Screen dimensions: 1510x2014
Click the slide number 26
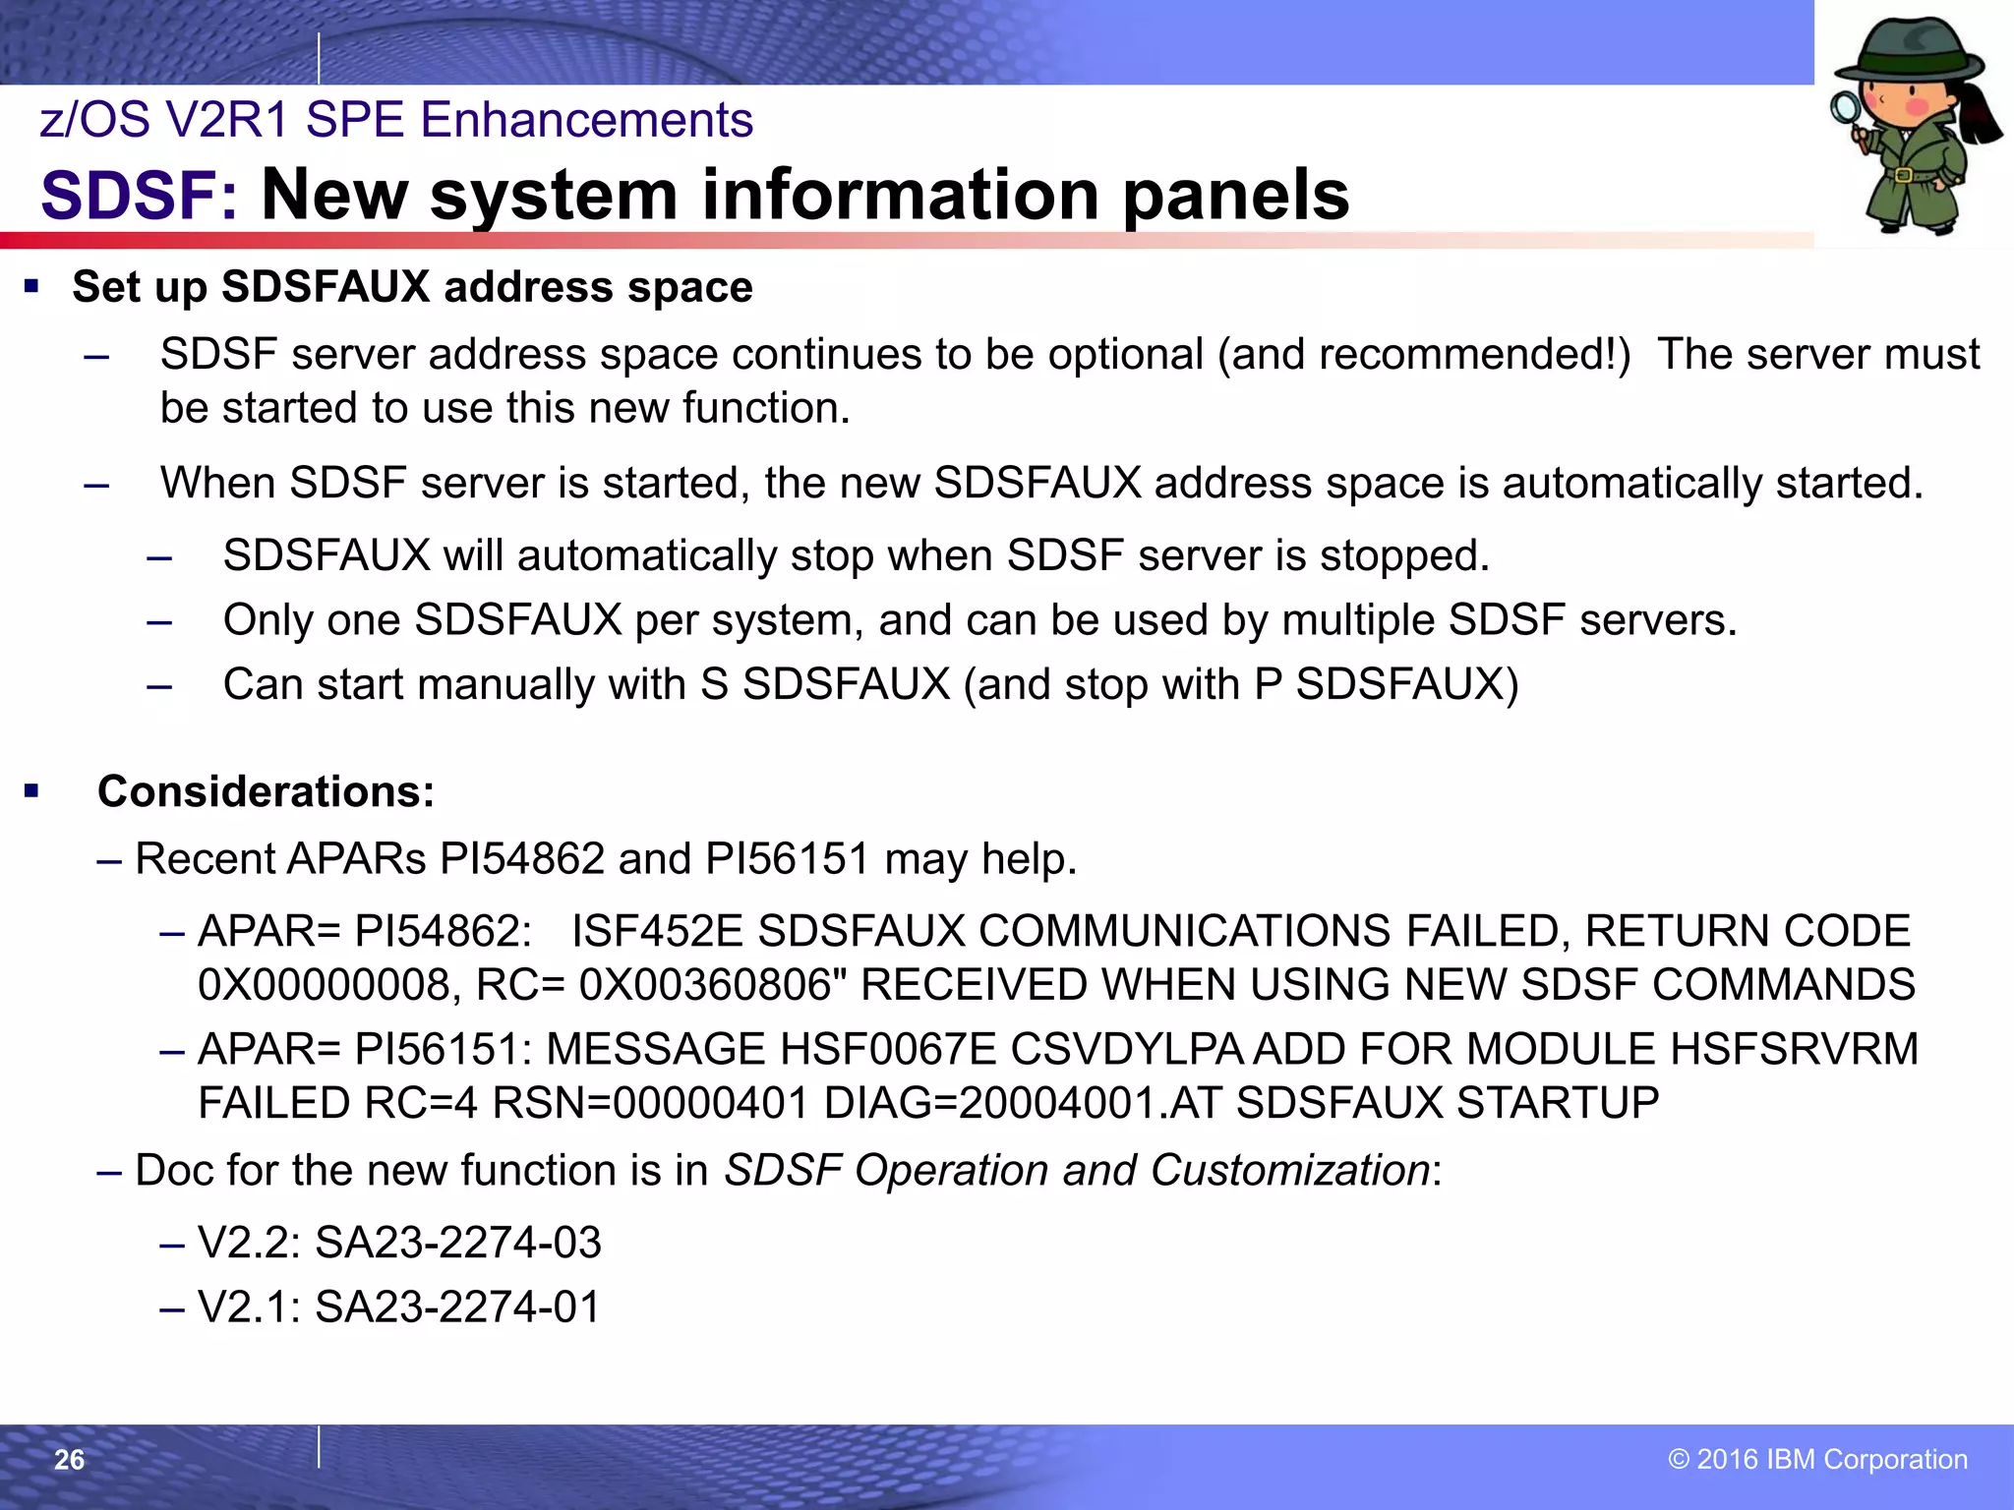pyautogui.click(x=69, y=1460)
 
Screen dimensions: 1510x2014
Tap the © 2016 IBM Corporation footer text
pyautogui.click(x=1817, y=1460)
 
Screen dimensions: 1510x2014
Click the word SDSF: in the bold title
pyautogui.click(x=139, y=195)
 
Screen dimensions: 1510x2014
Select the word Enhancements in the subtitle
pyautogui.click(x=586, y=120)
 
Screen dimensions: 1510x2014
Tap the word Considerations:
pyautogui.click(x=266, y=791)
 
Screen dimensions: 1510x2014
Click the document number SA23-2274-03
pyautogui.click(x=457, y=1243)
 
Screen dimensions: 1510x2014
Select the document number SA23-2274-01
pyautogui.click(x=457, y=1307)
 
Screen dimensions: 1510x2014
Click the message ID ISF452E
pyautogui.click(x=657, y=931)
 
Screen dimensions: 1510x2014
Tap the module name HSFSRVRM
pyautogui.click(x=1794, y=1049)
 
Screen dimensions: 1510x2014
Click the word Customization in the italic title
pyautogui.click(x=1289, y=1170)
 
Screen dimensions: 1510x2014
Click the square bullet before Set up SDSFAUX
pyautogui.click(x=32, y=287)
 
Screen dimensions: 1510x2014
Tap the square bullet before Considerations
pyautogui.click(x=32, y=791)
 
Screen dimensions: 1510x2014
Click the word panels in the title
pyautogui.click(x=1236, y=195)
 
